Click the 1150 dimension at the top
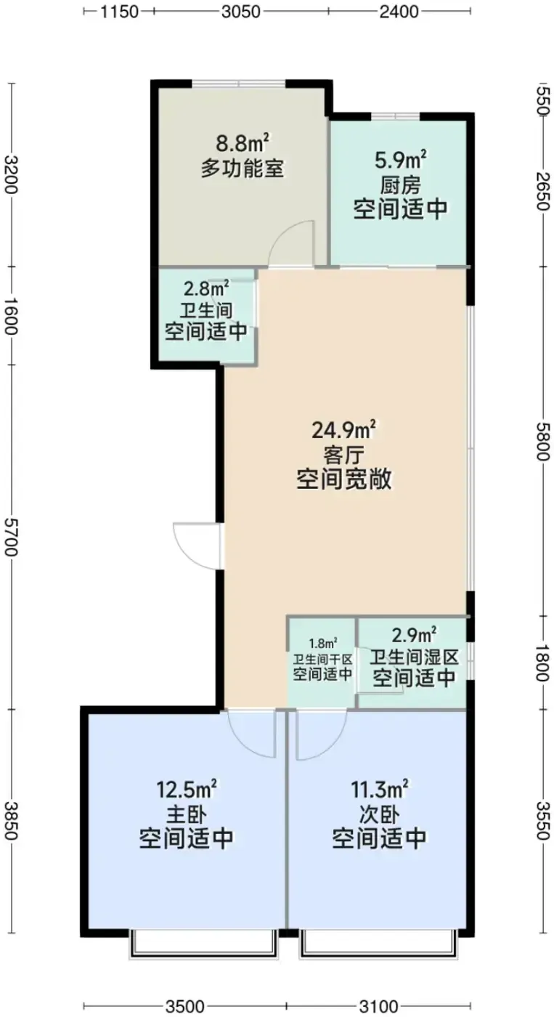point(118,12)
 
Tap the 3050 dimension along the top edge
point(241,12)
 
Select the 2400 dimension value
point(399,12)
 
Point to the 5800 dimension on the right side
point(543,441)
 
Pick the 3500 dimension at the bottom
point(184,1007)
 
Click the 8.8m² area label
point(243,143)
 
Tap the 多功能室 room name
point(243,169)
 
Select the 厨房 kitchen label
point(400,185)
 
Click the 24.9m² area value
point(343,430)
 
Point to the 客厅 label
point(344,455)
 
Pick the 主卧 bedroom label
point(187,813)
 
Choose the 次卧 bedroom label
point(379,813)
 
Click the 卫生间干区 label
point(322,658)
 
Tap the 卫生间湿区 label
point(414,657)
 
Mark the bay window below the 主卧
point(203,943)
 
